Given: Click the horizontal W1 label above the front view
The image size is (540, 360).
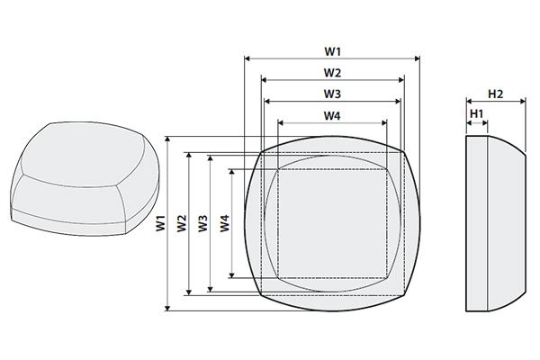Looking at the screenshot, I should pos(332,49).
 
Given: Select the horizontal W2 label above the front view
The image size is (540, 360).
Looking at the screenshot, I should pos(332,72).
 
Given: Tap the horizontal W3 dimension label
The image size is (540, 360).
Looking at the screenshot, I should pos(332,94).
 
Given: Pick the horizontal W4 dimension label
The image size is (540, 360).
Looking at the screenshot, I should pos(332,115).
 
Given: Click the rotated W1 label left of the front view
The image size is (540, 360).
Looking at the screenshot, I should pos(160,224).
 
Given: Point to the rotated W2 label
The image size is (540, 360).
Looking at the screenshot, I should pos(182,224).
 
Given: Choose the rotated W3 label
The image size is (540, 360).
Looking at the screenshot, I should pos(203,224).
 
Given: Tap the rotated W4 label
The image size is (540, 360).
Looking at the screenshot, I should pos(225,224).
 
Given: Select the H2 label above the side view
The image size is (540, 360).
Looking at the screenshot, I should pos(495,94).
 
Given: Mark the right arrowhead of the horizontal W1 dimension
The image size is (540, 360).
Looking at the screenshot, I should pos(417,58).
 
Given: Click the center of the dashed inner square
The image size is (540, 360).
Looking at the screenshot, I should pos(332,222).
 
